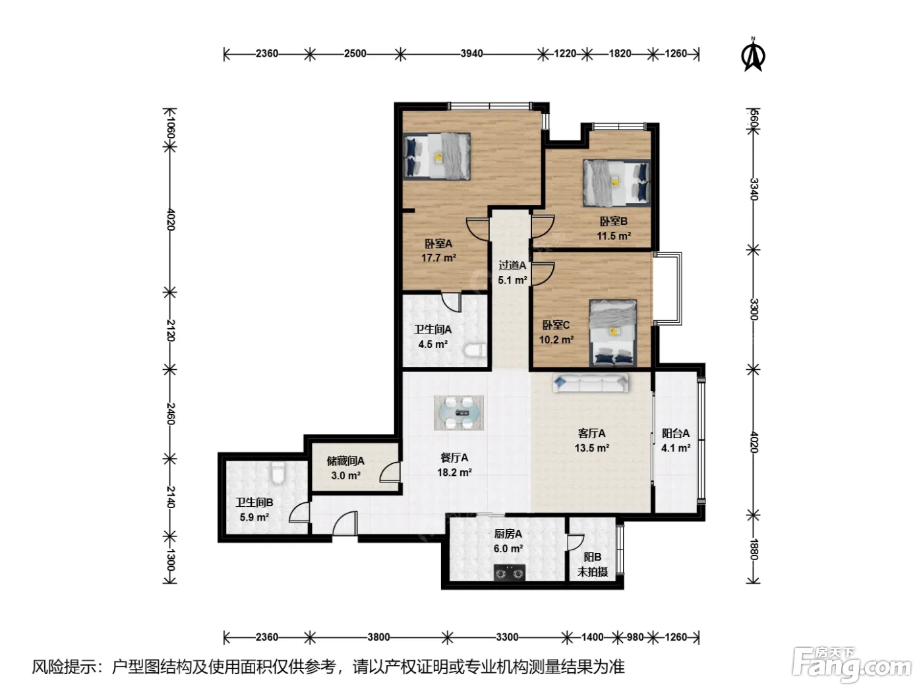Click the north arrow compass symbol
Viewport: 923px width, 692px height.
[753, 55]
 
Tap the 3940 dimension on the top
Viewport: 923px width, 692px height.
[471, 54]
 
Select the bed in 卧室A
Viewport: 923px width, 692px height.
[436, 156]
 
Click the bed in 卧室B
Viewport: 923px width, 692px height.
[616, 183]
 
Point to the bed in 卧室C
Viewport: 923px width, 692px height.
[612, 333]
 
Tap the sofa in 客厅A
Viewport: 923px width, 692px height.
[590, 383]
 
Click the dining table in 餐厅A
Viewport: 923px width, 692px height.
[459, 413]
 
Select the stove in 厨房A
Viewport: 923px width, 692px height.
[510, 573]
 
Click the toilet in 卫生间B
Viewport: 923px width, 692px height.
[278, 473]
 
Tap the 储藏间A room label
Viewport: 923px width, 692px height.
[345, 461]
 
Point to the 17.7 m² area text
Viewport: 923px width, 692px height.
[438, 258]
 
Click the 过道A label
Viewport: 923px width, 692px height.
[512, 266]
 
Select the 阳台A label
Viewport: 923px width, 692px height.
[676, 433]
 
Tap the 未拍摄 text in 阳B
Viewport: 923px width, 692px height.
[593, 572]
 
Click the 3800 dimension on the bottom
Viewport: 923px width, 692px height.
[378, 637]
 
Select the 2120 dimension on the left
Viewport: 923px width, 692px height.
[171, 330]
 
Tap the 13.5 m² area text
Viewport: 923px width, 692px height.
[592, 448]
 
